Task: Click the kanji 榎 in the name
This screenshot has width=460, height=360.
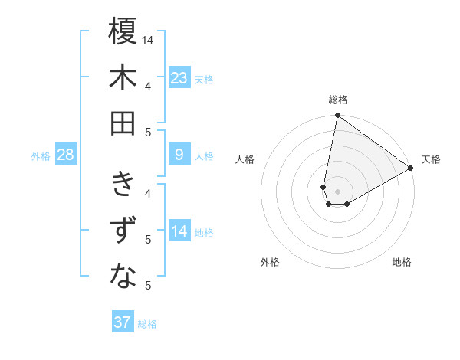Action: (123, 32)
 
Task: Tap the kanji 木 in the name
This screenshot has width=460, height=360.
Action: (123, 77)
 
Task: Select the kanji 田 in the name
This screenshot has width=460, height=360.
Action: (123, 123)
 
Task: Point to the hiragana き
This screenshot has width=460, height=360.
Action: (123, 185)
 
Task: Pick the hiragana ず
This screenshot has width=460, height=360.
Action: (123, 231)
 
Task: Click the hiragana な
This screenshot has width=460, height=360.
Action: (123, 277)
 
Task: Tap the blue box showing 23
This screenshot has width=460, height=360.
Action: (179, 78)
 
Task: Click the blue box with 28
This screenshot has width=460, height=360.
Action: (66, 155)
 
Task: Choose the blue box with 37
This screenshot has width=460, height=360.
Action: (123, 322)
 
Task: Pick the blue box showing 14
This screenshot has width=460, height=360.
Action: (179, 232)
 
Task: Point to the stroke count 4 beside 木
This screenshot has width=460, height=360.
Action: (148, 86)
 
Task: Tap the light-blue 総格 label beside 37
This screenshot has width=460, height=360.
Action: (147, 324)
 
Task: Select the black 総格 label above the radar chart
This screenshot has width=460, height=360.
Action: (338, 100)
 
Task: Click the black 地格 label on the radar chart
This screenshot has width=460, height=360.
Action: (402, 262)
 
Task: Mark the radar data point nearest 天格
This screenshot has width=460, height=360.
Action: (411, 169)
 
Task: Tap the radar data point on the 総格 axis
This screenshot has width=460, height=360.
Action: (337, 116)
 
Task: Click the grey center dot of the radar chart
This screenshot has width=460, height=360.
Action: (337, 191)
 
